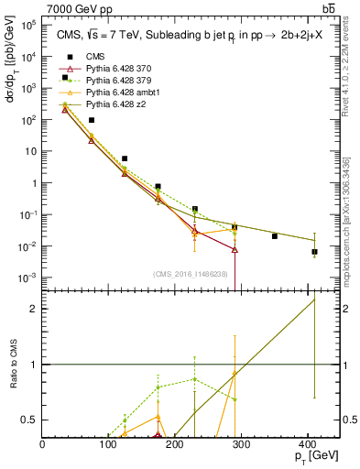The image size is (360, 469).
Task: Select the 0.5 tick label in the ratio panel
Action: click(x=31, y=420)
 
